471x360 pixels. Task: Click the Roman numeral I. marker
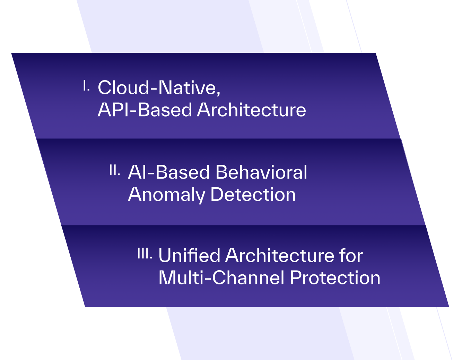click(86, 85)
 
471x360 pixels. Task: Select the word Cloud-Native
click(157, 87)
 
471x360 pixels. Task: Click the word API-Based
click(145, 110)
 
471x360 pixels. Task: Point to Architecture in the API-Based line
click(252, 110)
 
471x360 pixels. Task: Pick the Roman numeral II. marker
click(115, 170)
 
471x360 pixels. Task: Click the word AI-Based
click(169, 172)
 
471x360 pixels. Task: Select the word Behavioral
click(261, 172)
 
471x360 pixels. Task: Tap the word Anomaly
click(166, 195)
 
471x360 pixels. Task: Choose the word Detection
click(253, 194)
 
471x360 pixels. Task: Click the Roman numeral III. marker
click(145, 253)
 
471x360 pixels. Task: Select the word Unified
click(189, 255)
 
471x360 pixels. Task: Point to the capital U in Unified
click(165, 256)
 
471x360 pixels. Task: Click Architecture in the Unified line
click(279, 255)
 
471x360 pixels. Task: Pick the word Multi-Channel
click(221, 277)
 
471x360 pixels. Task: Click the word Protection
click(335, 277)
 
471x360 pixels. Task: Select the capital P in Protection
click(296, 277)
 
